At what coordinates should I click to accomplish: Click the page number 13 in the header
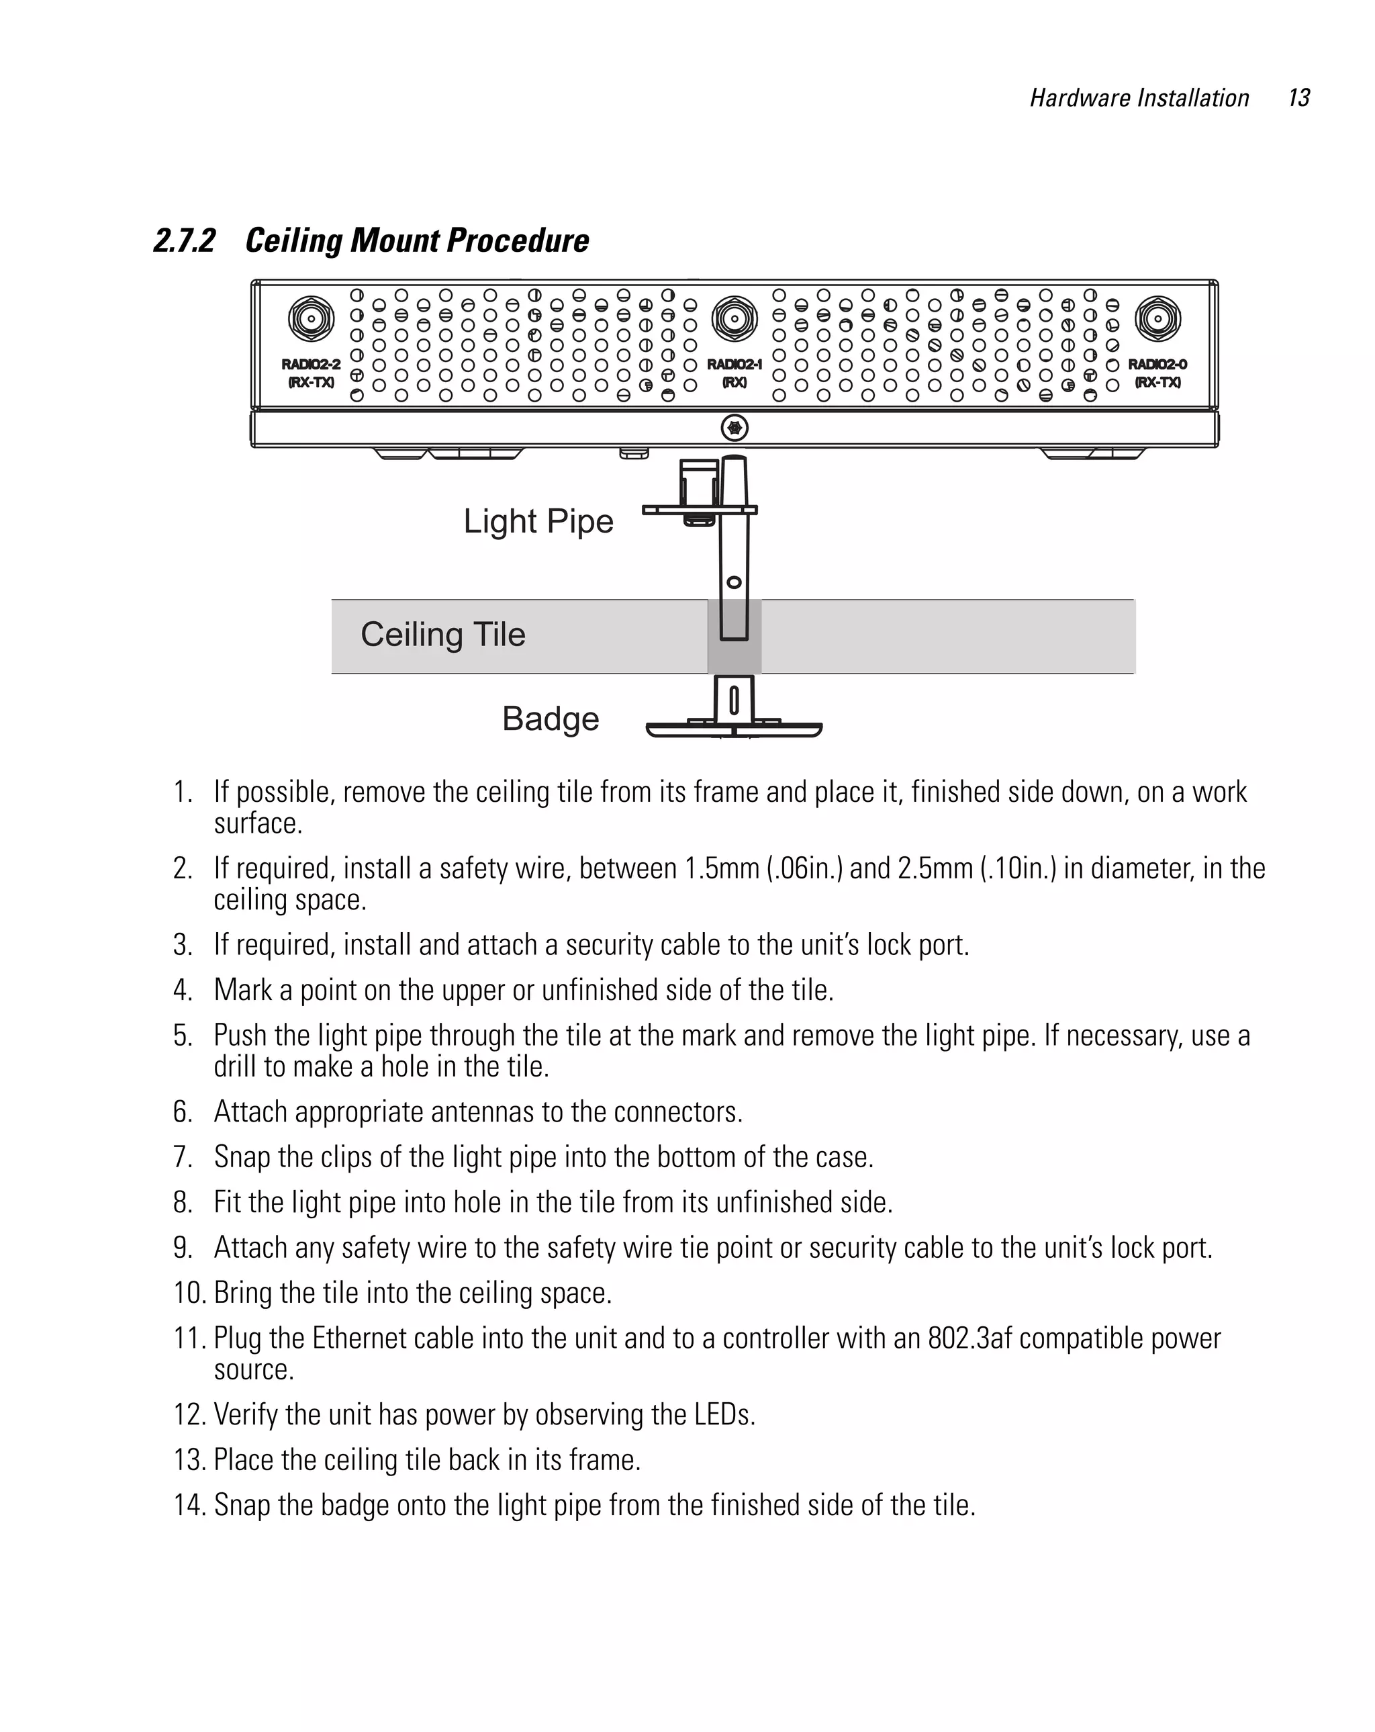(x=1298, y=98)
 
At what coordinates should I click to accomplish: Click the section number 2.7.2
(x=185, y=241)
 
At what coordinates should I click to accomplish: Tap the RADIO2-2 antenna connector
(x=311, y=319)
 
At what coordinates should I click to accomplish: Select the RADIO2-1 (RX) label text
(x=733, y=373)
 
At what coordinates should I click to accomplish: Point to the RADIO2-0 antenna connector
(x=1157, y=319)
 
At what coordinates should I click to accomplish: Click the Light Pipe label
(x=538, y=521)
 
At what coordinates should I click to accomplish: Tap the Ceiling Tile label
(x=442, y=635)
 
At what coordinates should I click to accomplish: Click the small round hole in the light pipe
(x=733, y=582)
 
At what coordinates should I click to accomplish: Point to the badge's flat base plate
(x=733, y=729)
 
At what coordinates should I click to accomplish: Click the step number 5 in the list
(x=183, y=1036)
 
